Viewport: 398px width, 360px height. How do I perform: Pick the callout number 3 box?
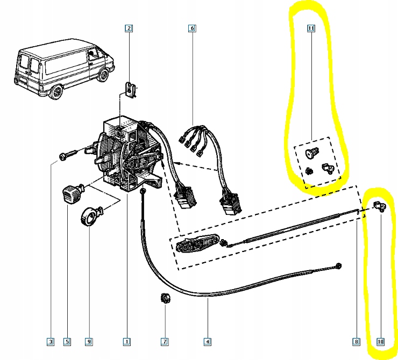point(51,341)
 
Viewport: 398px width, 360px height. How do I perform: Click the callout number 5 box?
point(67,341)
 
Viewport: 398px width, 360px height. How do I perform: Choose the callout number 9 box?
point(89,341)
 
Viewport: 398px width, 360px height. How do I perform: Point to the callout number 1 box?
point(126,341)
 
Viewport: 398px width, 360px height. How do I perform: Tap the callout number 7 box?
point(165,341)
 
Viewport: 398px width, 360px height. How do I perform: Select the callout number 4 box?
point(207,341)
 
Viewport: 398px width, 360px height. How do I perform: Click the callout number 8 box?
point(356,341)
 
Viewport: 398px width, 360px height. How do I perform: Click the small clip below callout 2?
point(130,89)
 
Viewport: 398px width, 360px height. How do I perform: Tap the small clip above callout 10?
point(380,206)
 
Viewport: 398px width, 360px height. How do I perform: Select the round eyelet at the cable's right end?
point(339,265)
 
